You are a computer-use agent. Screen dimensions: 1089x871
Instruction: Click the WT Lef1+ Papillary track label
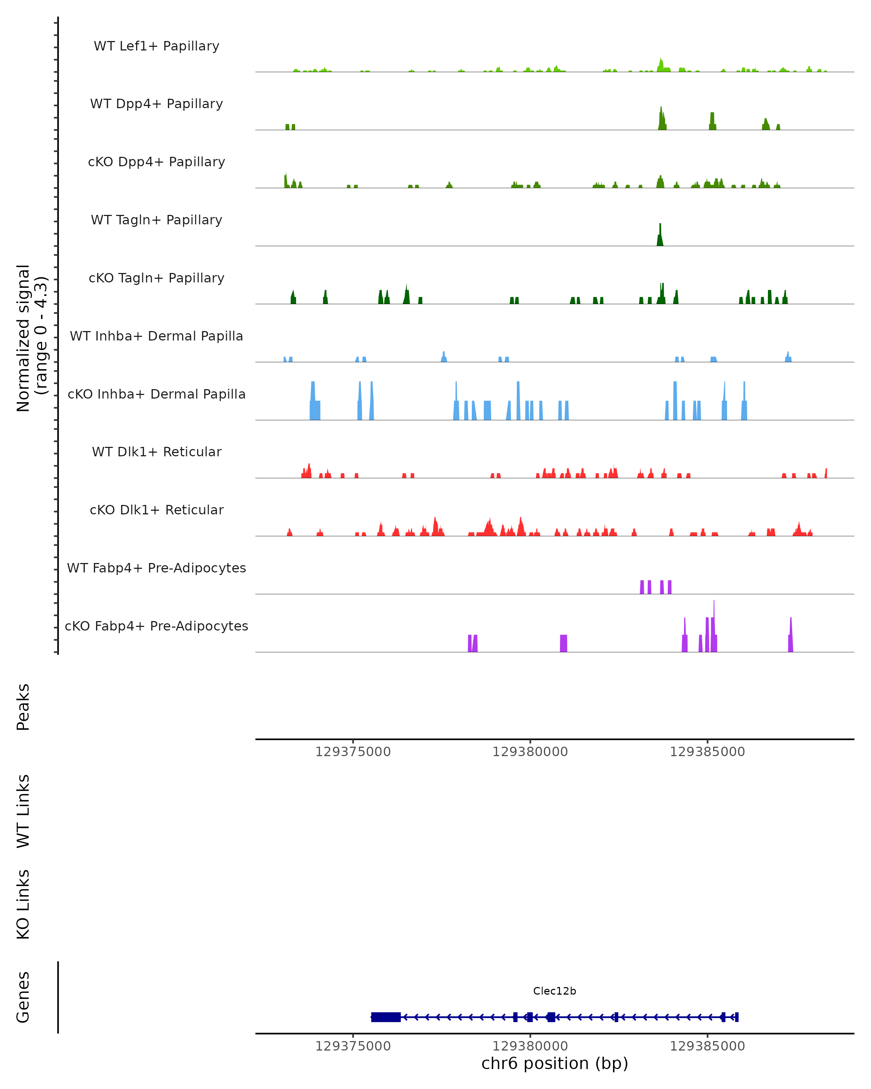coord(156,46)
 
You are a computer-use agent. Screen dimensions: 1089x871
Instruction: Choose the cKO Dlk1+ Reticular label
coord(156,510)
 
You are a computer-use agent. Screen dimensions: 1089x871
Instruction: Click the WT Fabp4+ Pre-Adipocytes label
coord(156,568)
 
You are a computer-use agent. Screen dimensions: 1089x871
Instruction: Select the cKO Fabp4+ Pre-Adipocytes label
coord(156,626)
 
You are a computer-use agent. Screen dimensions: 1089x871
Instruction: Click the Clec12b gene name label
coord(555,991)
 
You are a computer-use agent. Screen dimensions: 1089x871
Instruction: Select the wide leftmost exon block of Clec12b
coord(386,1017)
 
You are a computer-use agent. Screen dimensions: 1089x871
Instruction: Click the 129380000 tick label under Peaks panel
coord(530,752)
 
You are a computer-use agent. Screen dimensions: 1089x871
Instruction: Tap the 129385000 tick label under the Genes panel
coord(707,1046)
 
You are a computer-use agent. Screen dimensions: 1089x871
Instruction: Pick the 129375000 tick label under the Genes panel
coord(353,1046)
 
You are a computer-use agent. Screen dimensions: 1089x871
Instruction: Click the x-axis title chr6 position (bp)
coord(555,1063)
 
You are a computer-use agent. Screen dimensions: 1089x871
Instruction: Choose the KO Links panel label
coord(23,905)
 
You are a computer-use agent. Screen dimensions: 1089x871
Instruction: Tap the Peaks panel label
coord(23,707)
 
